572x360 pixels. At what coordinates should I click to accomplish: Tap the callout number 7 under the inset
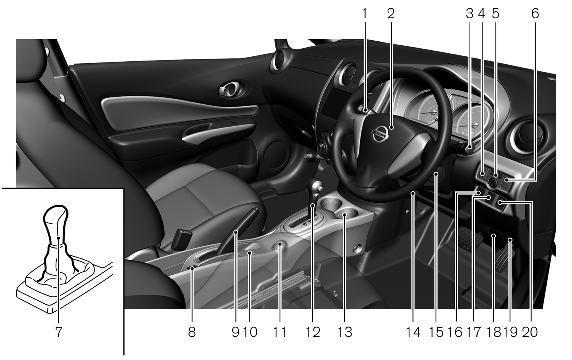59,332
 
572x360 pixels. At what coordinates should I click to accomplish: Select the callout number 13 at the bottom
345,332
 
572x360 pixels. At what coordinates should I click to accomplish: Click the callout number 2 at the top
391,14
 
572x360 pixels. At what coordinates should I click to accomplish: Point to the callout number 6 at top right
535,14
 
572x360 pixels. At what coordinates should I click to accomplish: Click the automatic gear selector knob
315,188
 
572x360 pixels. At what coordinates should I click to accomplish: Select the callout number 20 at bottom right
530,332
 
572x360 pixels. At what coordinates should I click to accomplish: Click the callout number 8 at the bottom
192,332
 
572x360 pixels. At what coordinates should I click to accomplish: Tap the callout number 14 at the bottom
413,332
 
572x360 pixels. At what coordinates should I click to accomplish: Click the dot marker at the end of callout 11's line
280,244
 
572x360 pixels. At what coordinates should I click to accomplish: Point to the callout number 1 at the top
365,14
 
